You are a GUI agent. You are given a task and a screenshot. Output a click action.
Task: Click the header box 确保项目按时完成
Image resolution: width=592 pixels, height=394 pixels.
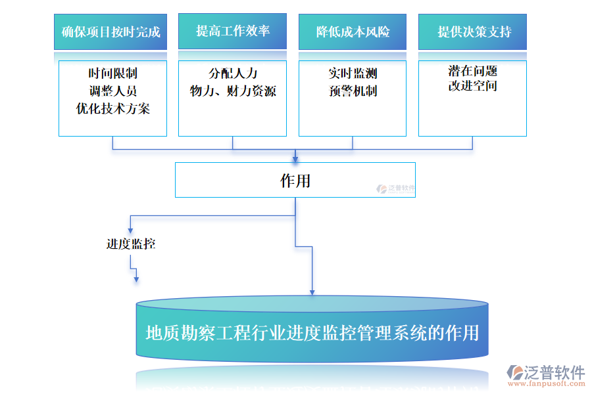(111, 32)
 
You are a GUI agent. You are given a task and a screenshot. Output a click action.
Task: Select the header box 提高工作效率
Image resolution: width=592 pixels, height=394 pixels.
(232, 31)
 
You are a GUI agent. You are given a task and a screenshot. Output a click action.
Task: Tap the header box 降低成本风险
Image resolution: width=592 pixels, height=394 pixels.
(353, 32)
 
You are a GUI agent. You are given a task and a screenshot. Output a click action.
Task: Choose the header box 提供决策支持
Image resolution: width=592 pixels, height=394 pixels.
(472, 32)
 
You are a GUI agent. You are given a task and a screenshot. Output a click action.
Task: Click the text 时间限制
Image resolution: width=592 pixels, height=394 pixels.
(112, 74)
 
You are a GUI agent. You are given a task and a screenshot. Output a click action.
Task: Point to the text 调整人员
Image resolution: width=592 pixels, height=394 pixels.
(112, 91)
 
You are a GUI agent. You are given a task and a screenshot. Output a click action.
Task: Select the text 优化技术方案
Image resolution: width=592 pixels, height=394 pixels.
(112, 109)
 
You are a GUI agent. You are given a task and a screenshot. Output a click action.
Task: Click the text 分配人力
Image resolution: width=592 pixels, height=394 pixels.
(232, 74)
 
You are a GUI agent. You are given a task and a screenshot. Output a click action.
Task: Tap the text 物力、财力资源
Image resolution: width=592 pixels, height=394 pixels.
(232, 91)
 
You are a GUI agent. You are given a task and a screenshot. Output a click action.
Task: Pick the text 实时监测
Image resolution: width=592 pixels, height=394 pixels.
(353, 74)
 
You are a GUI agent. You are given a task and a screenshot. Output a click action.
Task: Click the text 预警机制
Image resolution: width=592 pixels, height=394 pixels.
(353, 91)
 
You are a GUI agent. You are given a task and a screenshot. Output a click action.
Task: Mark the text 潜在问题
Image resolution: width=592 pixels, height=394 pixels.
(472, 71)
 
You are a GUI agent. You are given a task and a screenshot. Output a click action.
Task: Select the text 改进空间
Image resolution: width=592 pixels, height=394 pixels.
(472, 86)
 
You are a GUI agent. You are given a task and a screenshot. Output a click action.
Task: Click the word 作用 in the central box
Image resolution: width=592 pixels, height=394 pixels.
(295, 181)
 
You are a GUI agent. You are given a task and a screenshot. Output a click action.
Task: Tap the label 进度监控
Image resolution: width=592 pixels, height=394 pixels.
(131, 244)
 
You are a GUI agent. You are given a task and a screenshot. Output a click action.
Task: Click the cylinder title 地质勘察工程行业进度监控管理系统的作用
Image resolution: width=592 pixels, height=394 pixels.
(312, 333)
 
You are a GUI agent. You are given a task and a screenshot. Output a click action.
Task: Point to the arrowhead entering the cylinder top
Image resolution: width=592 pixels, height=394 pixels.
(312, 291)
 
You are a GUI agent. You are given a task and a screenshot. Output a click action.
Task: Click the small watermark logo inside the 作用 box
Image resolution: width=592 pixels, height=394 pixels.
(395, 189)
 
